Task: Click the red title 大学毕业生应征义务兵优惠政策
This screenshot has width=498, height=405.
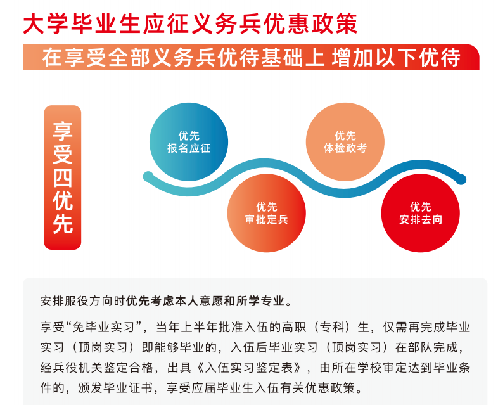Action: [x=190, y=24]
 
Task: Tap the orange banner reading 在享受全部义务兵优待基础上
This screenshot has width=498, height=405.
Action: [x=251, y=57]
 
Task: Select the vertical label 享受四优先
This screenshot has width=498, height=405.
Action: [x=63, y=177]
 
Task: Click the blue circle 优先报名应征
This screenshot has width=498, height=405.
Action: [x=189, y=142]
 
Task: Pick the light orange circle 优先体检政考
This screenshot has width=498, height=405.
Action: [x=345, y=142]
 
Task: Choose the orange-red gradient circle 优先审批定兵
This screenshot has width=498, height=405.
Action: [x=267, y=213]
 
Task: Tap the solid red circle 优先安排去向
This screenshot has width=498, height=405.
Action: [x=421, y=213]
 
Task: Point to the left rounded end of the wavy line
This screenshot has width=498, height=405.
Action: [x=148, y=177]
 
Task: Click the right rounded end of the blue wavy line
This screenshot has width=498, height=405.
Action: [x=461, y=179]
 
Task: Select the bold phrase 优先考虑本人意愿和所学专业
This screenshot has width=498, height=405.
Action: [x=205, y=301]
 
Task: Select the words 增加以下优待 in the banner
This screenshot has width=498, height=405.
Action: [x=396, y=58]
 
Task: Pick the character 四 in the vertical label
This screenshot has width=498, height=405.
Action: [x=63, y=178]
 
